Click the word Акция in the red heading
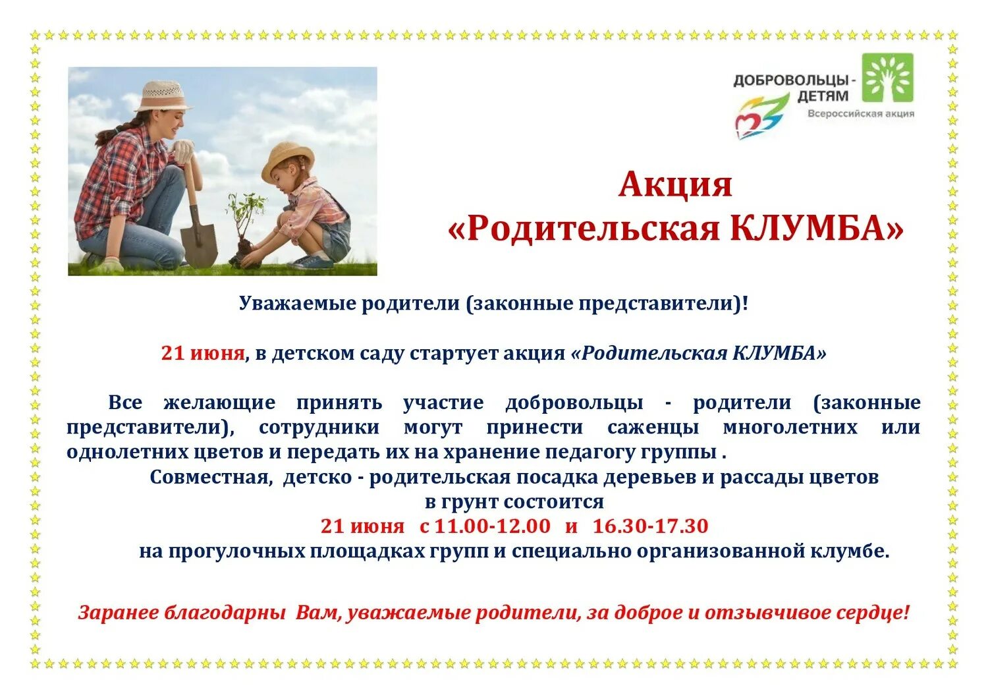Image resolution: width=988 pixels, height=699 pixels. coord(675,185)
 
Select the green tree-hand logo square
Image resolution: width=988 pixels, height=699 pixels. coord(888,77)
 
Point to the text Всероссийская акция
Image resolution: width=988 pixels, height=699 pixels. coord(860,113)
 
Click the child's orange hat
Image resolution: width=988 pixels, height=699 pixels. coord(287,158)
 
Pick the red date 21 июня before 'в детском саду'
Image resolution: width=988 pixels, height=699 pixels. coord(203,353)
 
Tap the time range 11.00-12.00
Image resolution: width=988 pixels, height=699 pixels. coord(492,526)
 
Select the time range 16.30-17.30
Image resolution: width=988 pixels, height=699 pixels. coord(650,526)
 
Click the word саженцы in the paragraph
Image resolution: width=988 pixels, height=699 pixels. coord(653,428)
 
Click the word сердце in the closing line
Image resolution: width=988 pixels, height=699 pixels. coord(872,613)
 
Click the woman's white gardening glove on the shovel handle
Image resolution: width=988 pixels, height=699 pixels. coord(184,150)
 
